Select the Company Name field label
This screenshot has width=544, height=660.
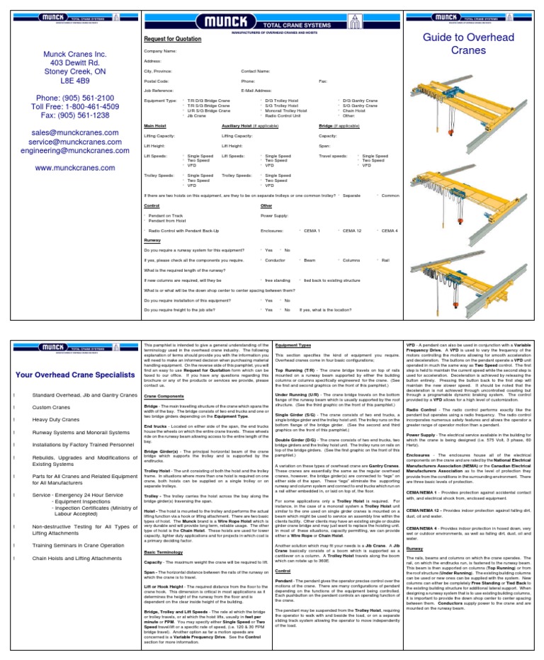pyautogui.click(x=160, y=52)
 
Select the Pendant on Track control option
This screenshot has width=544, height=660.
pyautogui.click(x=166, y=215)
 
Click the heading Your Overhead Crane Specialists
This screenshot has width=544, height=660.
pyautogui.click(x=74, y=375)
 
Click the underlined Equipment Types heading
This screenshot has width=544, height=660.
pyautogui.click(x=292, y=345)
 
